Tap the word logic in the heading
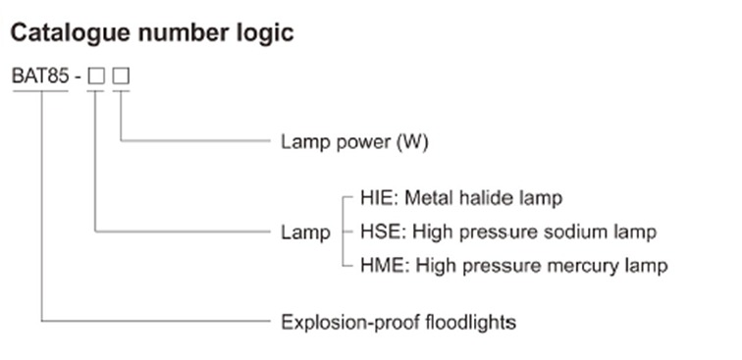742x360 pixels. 264,32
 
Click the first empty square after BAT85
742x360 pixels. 95,76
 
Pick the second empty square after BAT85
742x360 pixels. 121,76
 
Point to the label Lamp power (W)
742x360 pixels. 354,141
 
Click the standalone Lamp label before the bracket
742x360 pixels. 305,232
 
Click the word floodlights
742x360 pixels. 467,321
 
